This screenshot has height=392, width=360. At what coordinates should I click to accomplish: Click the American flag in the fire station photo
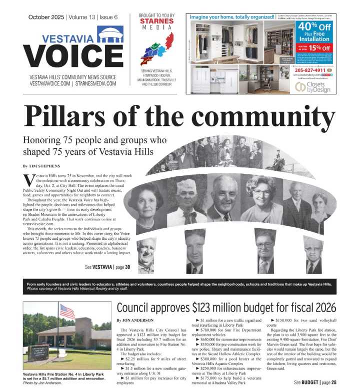[x=67, y=311]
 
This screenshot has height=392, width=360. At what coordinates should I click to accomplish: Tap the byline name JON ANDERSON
[x=141, y=320]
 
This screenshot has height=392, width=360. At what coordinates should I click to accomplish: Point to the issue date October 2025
[x=46, y=17]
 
